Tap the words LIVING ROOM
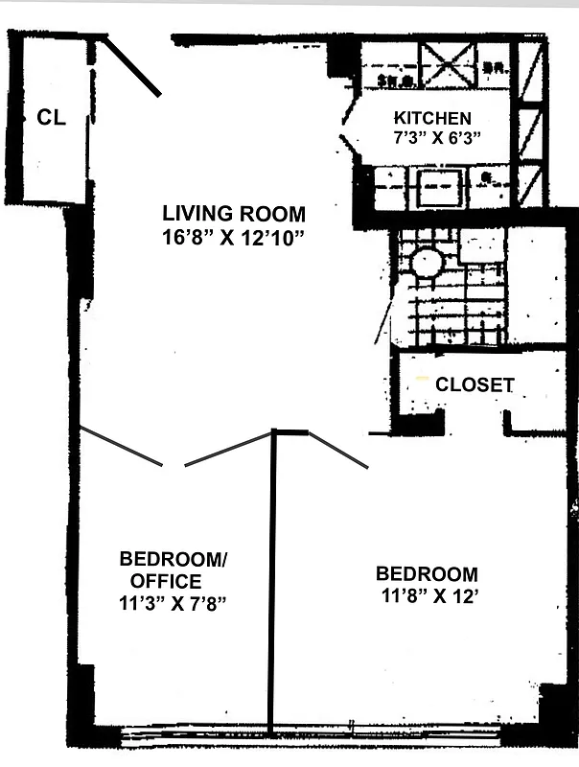point(233,214)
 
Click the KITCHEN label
point(432,118)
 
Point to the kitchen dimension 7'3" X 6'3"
point(432,137)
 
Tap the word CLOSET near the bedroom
point(475,385)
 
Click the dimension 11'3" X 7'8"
point(173,603)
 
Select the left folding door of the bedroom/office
point(120,446)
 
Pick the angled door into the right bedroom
point(338,452)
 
